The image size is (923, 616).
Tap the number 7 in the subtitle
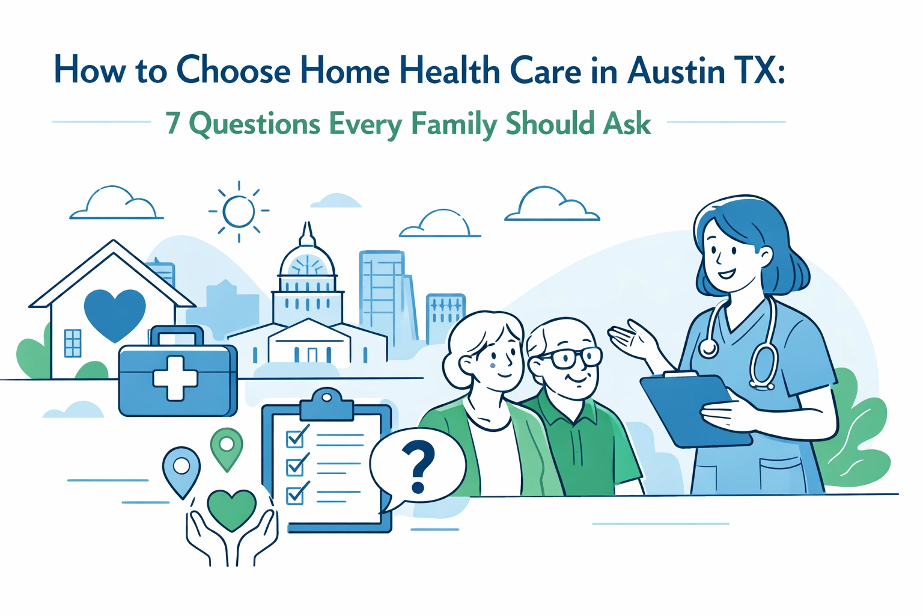(x=173, y=123)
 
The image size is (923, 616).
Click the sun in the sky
(x=239, y=211)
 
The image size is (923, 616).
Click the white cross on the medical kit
(x=175, y=378)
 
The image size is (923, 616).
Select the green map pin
(x=227, y=447)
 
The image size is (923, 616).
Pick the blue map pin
(x=181, y=468)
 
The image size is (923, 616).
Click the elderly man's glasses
(x=568, y=359)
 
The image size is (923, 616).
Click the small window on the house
(x=72, y=343)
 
